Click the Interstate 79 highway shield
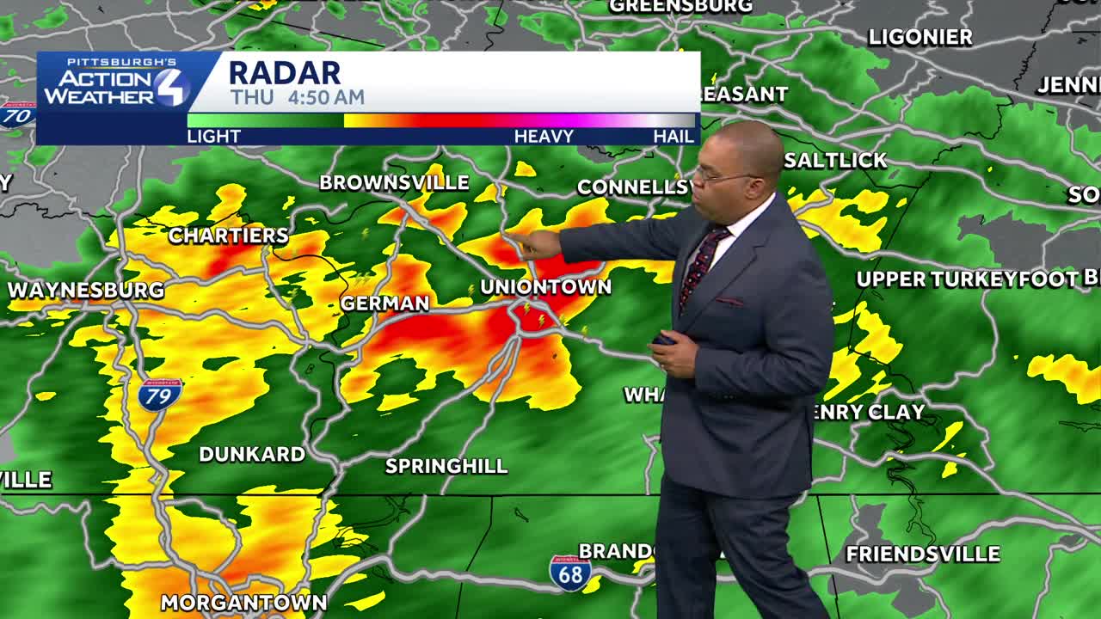(x=159, y=395)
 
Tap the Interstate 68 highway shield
(x=570, y=573)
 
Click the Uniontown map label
(x=545, y=287)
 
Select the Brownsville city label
(x=394, y=182)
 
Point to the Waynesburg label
(x=86, y=291)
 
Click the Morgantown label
(x=243, y=603)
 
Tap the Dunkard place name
(x=252, y=454)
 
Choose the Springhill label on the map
(x=446, y=466)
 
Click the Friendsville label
(x=923, y=554)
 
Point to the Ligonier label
(x=920, y=37)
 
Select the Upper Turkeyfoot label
(x=967, y=279)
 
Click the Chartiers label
(x=228, y=236)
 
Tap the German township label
(x=384, y=303)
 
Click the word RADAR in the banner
(x=285, y=72)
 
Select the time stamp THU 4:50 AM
(x=297, y=97)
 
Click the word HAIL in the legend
(x=674, y=136)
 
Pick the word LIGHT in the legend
(x=213, y=136)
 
